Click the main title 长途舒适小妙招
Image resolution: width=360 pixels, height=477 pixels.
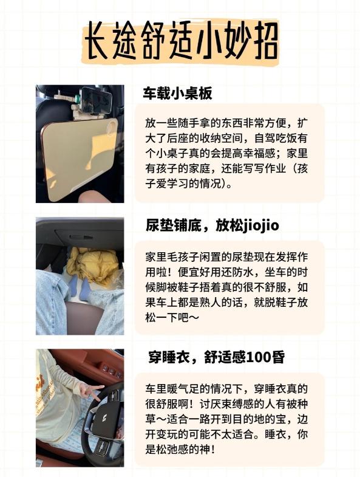point(181,41)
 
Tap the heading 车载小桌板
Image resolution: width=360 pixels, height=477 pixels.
point(177,94)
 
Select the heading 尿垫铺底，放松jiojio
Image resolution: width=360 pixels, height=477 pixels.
point(212,225)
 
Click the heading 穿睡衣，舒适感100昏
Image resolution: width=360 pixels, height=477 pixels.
point(217,357)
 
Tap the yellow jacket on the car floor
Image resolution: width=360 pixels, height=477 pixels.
point(92,265)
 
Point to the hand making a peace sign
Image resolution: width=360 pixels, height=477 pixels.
point(90,391)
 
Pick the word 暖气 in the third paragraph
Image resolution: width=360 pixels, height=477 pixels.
point(177,388)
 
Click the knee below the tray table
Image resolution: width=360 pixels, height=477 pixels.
point(94,196)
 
